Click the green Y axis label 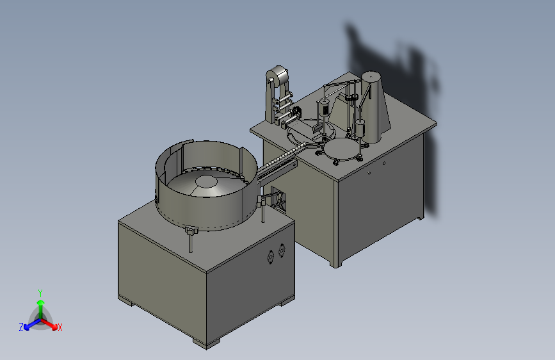(x=40, y=293)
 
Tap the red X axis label (x=60, y=327)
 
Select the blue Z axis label (x=21, y=327)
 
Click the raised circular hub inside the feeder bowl (x=206, y=181)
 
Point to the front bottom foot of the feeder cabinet (x=206, y=343)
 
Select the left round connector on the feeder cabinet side (x=271, y=256)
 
